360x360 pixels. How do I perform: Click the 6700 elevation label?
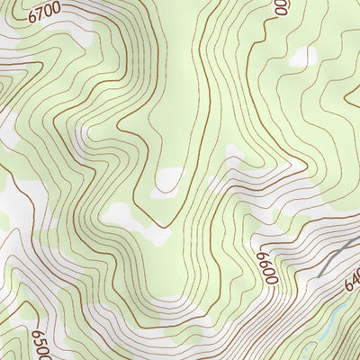(x=44, y=13)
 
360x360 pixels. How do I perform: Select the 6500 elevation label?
(x=40, y=343)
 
